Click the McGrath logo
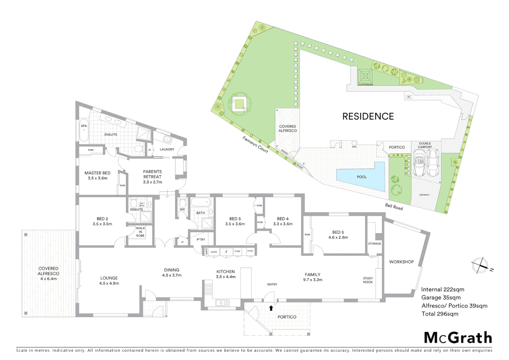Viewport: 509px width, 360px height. (458, 338)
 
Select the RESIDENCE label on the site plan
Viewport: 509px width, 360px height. (368, 116)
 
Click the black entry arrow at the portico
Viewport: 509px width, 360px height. (271, 308)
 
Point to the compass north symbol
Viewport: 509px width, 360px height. (480, 265)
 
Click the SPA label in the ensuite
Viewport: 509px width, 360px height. (84, 126)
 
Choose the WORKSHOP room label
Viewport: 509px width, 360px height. (401, 262)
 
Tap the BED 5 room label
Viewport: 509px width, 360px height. (338, 232)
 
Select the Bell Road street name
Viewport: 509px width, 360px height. (394, 207)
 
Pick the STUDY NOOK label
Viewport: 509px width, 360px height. (368, 280)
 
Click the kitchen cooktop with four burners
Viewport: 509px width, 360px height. (209, 289)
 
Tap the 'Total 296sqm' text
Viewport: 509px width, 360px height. (440, 314)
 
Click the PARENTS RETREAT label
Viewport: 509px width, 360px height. (152, 177)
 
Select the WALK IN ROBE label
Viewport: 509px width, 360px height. (140, 232)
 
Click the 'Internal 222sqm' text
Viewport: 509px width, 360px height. (442, 289)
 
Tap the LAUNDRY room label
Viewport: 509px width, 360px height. (167, 149)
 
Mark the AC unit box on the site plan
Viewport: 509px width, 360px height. (409, 97)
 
